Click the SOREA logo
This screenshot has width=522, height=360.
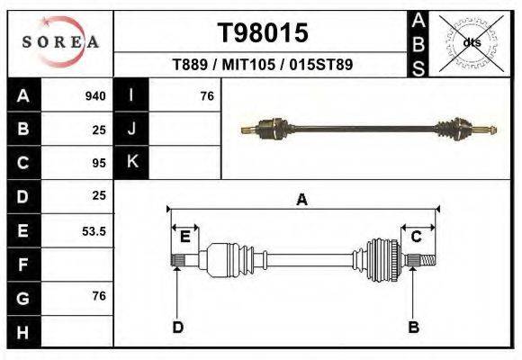(60, 42)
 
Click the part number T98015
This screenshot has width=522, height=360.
(264, 33)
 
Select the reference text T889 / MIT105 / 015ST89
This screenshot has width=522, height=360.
(262, 65)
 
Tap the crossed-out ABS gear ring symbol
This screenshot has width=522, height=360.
(471, 42)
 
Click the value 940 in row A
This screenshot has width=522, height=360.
(94, 96)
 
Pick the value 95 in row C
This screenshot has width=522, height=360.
(99, 163)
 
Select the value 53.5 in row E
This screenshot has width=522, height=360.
(94, 231)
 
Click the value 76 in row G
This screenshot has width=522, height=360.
(99, 296)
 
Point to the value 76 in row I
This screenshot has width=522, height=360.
(206, 96)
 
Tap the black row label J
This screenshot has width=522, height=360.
(131, 129)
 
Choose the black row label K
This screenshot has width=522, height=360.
(131, 163)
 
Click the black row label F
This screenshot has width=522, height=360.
(22, 265)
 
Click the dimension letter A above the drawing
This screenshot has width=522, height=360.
(301, 200)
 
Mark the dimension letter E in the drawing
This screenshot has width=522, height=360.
(184, 237)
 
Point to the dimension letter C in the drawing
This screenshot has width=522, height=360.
(417, 237)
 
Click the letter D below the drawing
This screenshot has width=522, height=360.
(177, 328)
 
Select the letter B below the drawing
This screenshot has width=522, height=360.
(414, 328)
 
